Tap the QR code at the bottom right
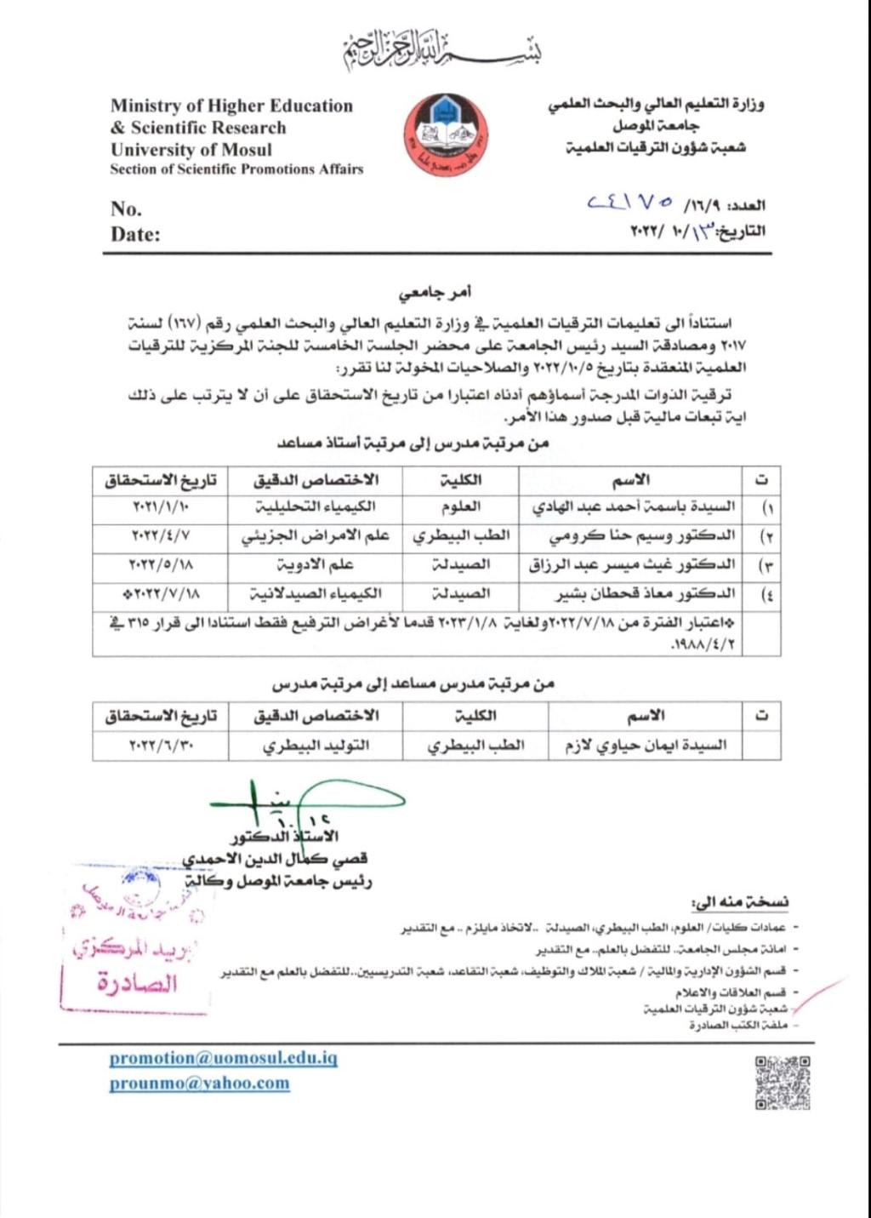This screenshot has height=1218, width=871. point(783,1082)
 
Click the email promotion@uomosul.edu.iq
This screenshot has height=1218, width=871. point(224,1058)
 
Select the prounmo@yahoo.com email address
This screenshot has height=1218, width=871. point(199,1084)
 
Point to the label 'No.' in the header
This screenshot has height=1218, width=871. point(126,209)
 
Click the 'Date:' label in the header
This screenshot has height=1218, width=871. point(135,235)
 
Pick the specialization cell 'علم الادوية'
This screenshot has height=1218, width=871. point(314,565)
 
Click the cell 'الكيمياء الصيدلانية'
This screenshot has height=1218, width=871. point(316,593)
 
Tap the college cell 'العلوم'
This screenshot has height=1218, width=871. point(460,507)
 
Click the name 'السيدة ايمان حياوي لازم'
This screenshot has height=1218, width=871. point(646,746)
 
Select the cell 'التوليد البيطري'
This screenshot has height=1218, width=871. point(316,746)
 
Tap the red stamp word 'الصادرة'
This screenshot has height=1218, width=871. point(137,984)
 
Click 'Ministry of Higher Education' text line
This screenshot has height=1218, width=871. point(231,106)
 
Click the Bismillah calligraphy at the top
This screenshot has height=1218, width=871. point(442,51)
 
